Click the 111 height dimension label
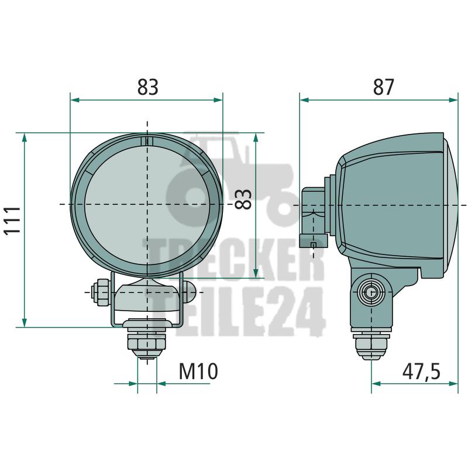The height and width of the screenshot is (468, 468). click(13, 221)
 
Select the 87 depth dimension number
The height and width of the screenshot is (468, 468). click(384, 87)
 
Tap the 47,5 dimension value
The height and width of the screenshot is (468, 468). click(421, 371)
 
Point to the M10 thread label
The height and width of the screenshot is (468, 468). click(198, 371)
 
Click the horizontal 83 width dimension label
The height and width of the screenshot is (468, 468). click(147, 87)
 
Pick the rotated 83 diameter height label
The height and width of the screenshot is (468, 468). click(243, 199)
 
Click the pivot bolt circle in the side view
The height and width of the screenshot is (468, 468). click(371, 292)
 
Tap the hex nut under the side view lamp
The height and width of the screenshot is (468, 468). click(371, 346)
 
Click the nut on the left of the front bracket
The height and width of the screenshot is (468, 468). click(101, 292)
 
